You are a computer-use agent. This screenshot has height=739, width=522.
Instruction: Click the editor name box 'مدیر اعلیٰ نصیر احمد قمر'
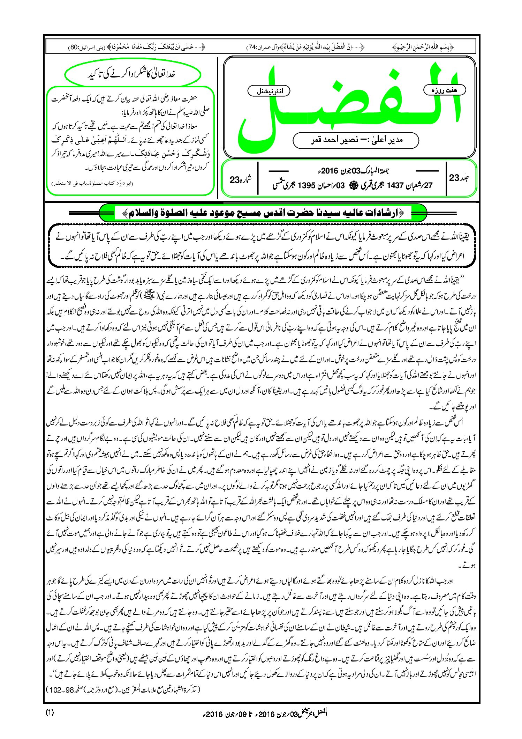356,140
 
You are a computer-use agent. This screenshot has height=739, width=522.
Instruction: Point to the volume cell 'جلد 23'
459,178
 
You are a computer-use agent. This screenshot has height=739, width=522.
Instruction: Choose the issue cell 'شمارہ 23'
240,179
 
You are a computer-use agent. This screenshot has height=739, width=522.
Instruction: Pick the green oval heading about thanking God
133,74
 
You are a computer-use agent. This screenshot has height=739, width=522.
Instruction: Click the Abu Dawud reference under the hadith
92,183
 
